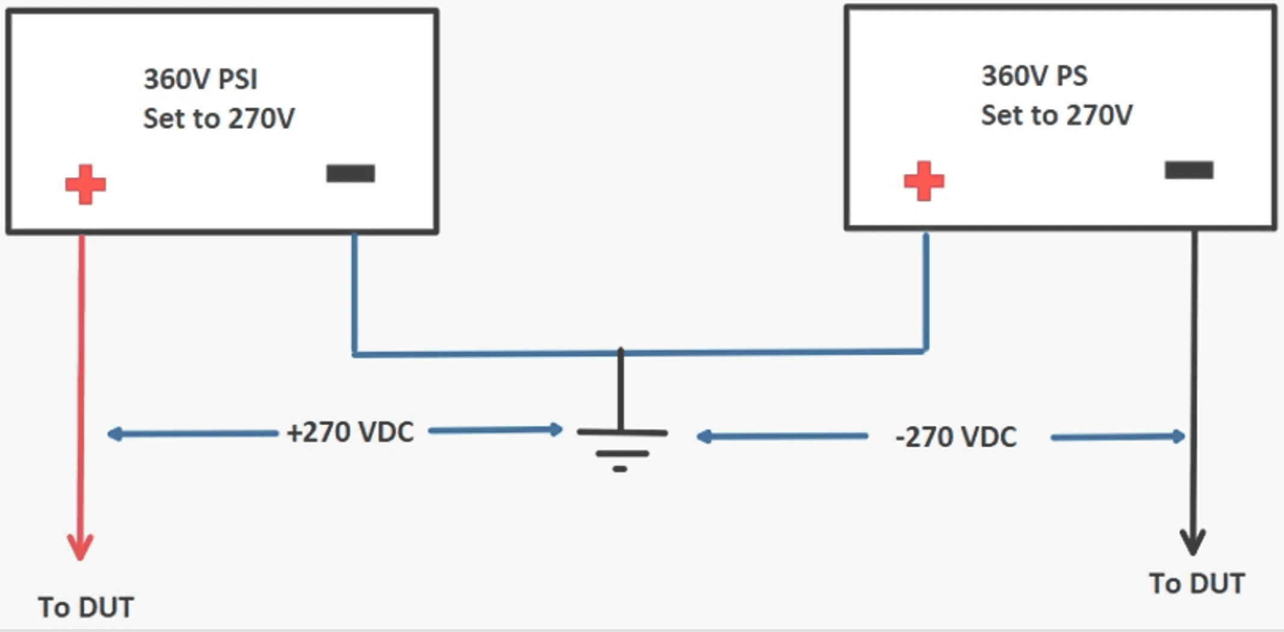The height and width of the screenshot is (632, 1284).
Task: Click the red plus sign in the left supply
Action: tap(85, 184)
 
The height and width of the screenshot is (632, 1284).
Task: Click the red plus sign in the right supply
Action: tap(924, 181)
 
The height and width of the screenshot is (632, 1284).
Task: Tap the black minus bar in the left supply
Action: tap(350, 173)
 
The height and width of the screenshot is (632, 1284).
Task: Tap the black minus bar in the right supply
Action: tap(1188, 170)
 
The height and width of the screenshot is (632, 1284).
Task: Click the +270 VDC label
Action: tap(351, 432)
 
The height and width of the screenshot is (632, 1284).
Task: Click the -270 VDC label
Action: tap(956, 437)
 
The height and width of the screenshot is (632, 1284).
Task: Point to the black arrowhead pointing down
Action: tap(1192, 542)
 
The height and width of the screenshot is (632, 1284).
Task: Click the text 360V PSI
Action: tap(200, 79)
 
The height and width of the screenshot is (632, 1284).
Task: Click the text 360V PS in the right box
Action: tap(1034, 76)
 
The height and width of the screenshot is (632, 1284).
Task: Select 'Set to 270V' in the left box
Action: tap(219, 118)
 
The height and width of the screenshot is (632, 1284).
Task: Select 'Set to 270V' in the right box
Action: tap(1057, 115)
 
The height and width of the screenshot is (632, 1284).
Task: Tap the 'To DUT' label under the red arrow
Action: tap(86, 607)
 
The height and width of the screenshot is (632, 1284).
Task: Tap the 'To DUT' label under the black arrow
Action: tap(1197, 583)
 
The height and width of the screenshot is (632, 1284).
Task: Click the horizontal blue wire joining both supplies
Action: tap(481, 353)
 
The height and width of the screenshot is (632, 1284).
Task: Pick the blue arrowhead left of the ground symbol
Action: tap(556, 429)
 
